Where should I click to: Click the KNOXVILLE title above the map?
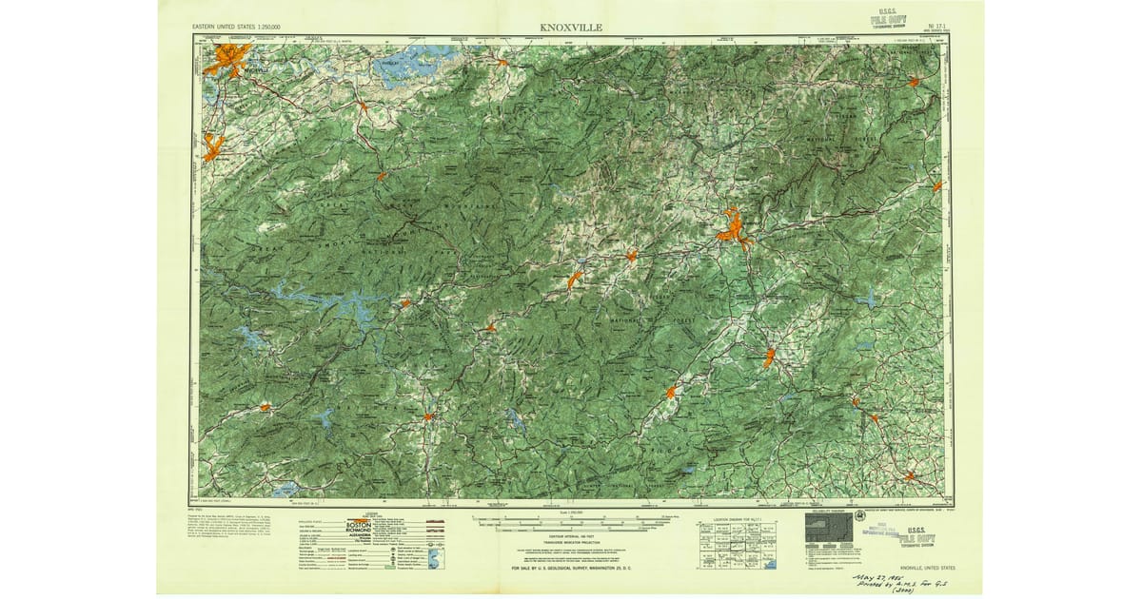click(571, 28)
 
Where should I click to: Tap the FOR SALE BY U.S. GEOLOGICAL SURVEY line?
click(570, 568)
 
